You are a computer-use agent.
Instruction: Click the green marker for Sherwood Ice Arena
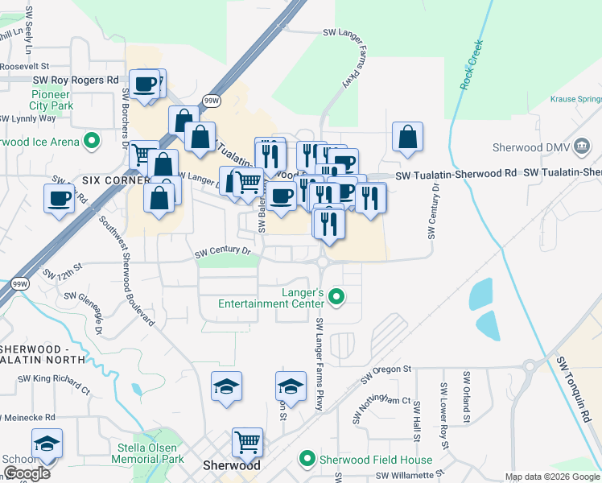[x=92, y=141]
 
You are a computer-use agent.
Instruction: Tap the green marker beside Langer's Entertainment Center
[x=338, y=298]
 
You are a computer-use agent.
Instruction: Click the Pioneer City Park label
[x=51, y=100]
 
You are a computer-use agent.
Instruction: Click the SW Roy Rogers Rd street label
[x=76, y=80]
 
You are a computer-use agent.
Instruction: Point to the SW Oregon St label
[x=386, y=372]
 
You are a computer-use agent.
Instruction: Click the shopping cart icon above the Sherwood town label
[x=247, y=441]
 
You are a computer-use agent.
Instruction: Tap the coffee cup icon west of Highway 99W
[x=60, y=198]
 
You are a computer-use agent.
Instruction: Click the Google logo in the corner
[x=27, y=473]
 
